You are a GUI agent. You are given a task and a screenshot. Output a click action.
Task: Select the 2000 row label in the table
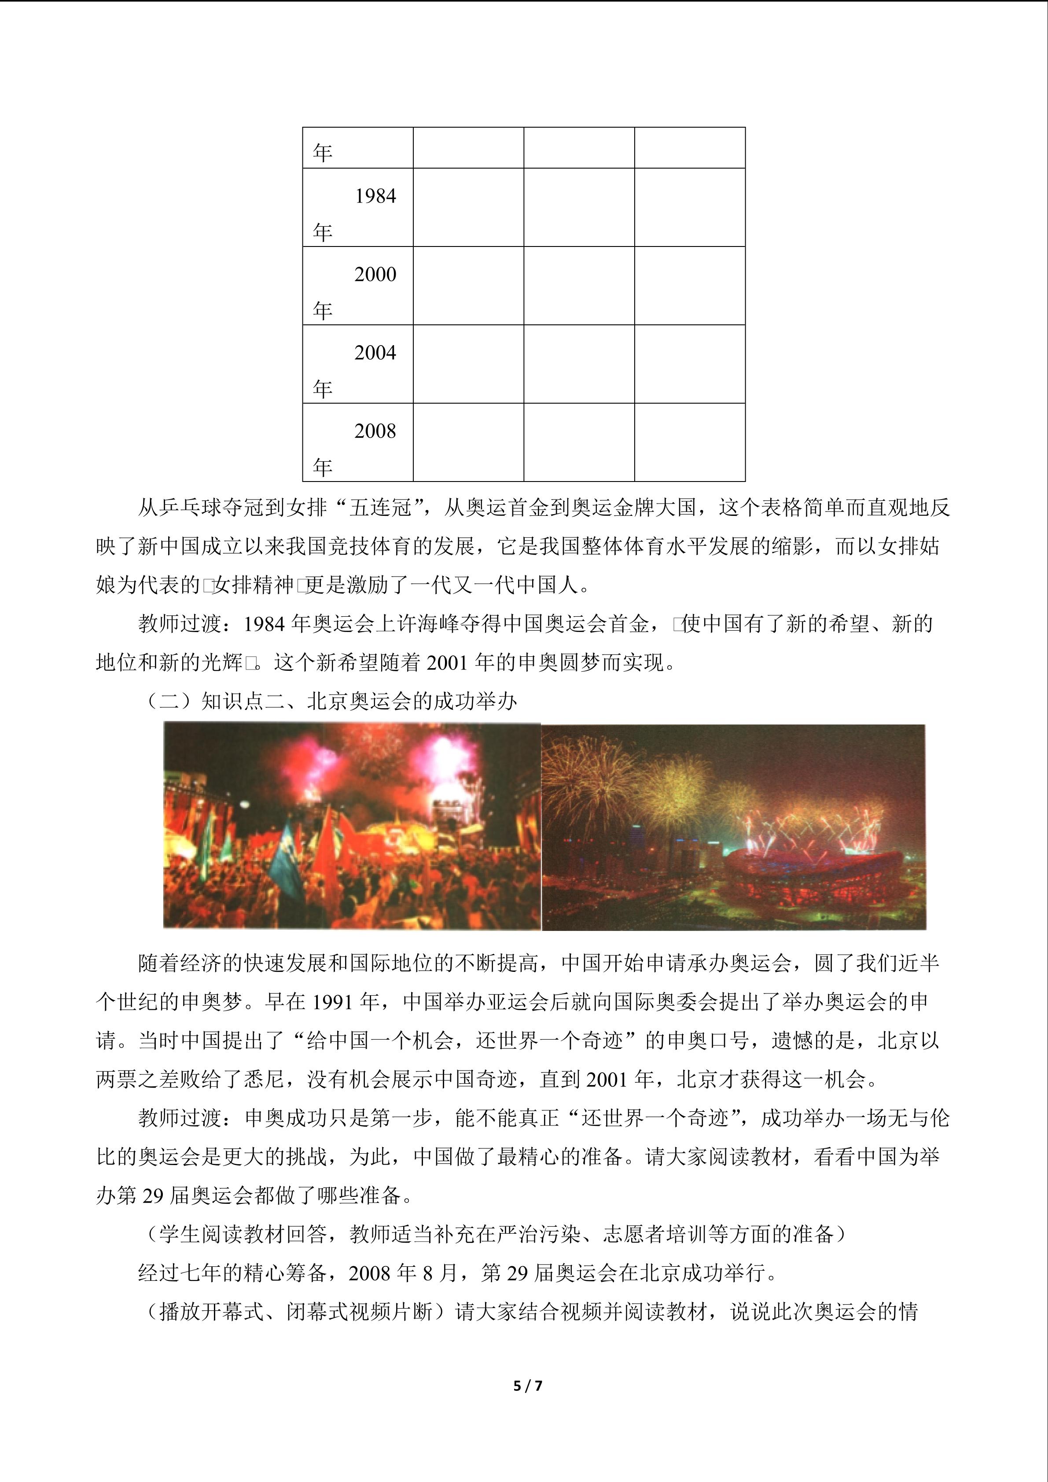375,274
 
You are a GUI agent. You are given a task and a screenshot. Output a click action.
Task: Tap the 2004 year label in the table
375,353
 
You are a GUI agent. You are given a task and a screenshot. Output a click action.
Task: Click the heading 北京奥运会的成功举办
412,701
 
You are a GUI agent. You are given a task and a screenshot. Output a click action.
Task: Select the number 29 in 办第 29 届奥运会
153,1195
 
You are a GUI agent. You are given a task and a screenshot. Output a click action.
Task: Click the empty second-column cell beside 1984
468,207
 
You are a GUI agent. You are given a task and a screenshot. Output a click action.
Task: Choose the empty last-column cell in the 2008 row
689,442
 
